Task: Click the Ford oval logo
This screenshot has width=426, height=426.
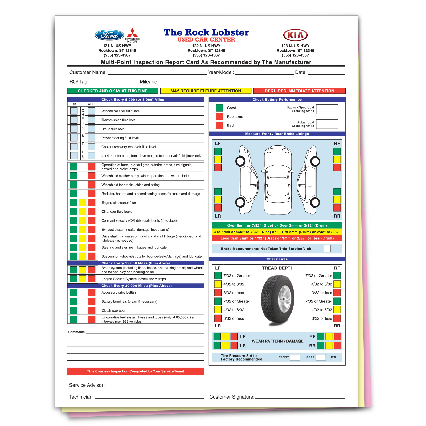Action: pos(109,35)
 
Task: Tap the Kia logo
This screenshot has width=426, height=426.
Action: pos(295,35)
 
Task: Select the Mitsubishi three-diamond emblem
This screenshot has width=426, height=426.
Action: pos(132,32)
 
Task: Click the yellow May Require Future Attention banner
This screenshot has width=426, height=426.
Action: pos(206,91)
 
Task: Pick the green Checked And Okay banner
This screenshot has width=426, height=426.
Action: pos(113,91)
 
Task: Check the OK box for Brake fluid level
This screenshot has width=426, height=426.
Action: pos(74,129)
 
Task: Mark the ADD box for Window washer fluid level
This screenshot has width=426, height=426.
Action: pos(92,111)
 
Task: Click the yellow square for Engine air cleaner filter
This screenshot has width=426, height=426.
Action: pos(83,203)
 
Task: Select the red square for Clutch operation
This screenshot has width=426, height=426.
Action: pos(92,310)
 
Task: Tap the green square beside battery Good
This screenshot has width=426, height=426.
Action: pos(219,108)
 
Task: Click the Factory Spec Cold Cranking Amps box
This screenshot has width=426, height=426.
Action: pos(327,109)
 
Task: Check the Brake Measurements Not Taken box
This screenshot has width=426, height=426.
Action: pos(327,249)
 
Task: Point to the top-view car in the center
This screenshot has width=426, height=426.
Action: pos(278,180)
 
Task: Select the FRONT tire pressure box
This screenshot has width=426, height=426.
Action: pos(295,357)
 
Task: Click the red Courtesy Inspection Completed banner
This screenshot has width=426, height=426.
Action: pos(136,371)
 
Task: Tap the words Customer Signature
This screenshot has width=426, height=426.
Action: pos(232,397)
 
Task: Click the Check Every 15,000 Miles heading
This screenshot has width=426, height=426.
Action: pos(137,263)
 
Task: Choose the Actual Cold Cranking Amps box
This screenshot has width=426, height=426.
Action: pos(327,124)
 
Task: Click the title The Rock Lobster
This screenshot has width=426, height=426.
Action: pos(206,32)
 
